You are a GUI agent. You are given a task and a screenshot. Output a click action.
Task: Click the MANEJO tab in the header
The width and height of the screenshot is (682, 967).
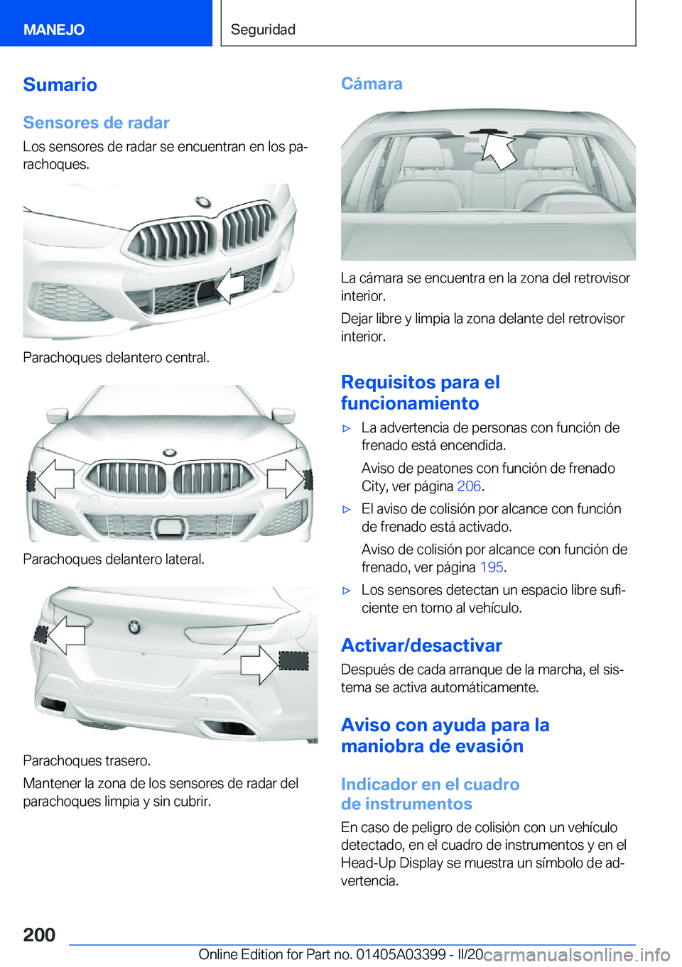54,30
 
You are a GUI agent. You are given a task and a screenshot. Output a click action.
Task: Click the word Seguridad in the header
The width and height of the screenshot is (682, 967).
263,30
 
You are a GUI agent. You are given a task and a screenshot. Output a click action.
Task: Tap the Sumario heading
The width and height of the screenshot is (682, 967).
60,84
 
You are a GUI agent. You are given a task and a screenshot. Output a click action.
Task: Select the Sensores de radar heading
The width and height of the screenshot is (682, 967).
96,123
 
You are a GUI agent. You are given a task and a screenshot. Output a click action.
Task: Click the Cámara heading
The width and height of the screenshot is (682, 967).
372,84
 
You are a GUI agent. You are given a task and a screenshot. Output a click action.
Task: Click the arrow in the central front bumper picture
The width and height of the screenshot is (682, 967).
229,286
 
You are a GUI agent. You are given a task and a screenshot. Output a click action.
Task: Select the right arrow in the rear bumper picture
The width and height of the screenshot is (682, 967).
259,665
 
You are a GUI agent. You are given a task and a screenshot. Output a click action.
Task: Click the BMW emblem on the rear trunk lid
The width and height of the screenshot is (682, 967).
134,627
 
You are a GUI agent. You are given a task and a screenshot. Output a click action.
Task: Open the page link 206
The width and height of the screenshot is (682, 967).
469,486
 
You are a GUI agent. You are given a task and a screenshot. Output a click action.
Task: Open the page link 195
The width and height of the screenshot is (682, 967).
492,567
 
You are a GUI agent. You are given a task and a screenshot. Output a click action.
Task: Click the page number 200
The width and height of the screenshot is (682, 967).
39,935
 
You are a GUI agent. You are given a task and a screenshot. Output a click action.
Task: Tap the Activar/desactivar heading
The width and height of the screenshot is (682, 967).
421,645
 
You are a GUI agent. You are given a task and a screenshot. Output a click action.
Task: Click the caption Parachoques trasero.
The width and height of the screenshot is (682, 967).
87,761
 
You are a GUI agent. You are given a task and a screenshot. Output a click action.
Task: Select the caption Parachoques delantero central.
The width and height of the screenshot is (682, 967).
116,358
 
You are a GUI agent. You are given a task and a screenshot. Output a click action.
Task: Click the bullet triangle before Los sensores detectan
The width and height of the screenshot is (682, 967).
347,591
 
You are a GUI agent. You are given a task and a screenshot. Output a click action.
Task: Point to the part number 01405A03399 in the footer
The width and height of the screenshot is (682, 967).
401,954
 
